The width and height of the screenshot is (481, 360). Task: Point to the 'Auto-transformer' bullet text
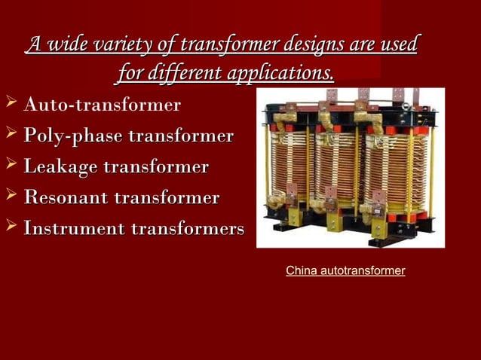[102, 105]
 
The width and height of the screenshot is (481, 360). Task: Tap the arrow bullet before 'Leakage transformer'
[10, 165]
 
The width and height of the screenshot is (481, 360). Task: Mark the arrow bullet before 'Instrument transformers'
[10, 226]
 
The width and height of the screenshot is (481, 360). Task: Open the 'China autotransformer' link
[345, 270]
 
